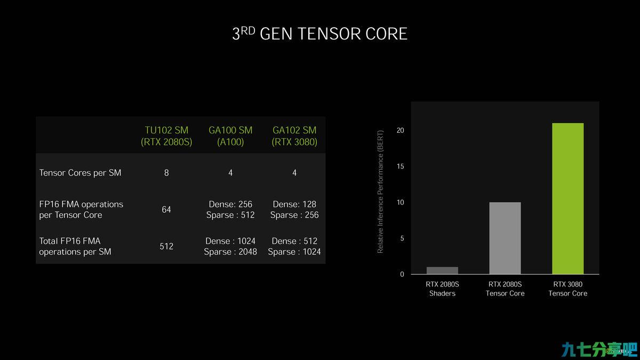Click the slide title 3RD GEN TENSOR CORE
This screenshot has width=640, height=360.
pyautogui.click(x=319, y=34)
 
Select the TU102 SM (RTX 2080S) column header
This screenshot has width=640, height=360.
pyautogui.click(x=166, y=136)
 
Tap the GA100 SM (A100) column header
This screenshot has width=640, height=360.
pyautogui.click(x=230, y=136)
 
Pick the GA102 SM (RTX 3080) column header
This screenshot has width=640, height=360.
pyautogui.click(x=294, y=136)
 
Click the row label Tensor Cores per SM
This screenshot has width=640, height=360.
pyautogui.click(x=81, y=173)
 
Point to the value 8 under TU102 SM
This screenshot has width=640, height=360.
pyautogui.click(x=166, y=173)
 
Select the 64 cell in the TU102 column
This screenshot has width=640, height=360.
pyautogui.click(x=166, y=210)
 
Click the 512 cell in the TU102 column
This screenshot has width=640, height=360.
pyautogui.click(x=166, y=246)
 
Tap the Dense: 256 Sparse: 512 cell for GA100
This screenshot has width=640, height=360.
pyautogui.click(x=230, y=210)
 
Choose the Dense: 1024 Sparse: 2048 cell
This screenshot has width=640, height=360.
pyautogui.click(x=230, y=246)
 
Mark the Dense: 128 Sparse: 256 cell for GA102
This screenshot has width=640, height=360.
pyautogui.click(x=294, y=210)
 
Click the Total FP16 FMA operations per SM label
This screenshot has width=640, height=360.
pyautogui.click(x=75, y=246)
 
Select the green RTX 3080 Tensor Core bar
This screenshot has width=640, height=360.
pyautogui.click(x=568, y=198)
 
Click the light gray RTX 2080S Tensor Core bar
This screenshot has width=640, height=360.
pyautogui.click(x=505, y=238)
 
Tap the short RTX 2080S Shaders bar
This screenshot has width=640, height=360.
pyautogui.click(x=442, y=270)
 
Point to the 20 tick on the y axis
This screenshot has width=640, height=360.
pyautogui.click(x=401, y=130)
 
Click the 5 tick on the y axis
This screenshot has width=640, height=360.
pyautogui.click(x=402, y=238)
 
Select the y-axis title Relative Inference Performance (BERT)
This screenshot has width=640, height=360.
pyautogui.click(x=380, y=191)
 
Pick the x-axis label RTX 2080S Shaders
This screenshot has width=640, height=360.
pyautogui.click(x=442, y=289)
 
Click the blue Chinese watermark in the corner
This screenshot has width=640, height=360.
pyautogui.click(x=599, y=349)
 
